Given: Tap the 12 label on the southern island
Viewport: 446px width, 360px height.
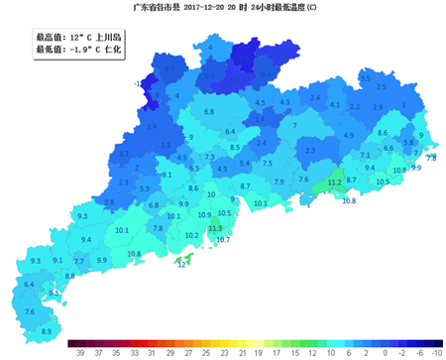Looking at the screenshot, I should pyautogui.click(x=180, y=265).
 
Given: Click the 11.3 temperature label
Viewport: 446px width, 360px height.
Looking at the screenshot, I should pyautogui.click(x=215, y=228).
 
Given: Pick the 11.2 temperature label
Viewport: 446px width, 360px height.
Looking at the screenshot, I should pyautogui.click(x=334, y=182).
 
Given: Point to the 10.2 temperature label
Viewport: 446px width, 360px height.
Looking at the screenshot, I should pyautogui.click(x=192, y=235).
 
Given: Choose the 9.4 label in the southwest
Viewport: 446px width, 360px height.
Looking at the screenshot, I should pyautogui.click(x=86, y=240).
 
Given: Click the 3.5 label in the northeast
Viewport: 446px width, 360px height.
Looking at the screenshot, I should pyautogui.click(x=365, y=78).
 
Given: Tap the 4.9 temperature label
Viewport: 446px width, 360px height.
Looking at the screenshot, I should pyautogui.click(x=349, y=134).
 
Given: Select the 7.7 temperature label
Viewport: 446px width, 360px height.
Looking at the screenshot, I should pyautogui.click(x=79, y=262).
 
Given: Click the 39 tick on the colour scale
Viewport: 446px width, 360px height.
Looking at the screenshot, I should pyautogui.click(x=74, y=352).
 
